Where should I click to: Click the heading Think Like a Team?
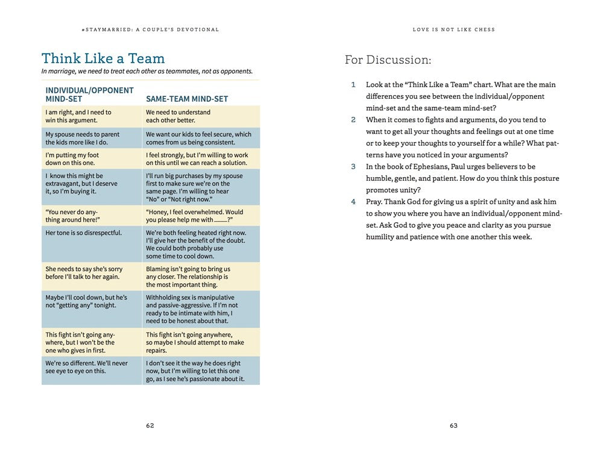click(x=103, y=58)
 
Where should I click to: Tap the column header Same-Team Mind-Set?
click(x=187, y=99)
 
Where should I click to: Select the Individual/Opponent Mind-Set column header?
click(x=89, y=95)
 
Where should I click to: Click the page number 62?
click(x=150, y=425)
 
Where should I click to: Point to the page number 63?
click(x=453, y=425)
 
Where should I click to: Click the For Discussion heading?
click(x=388, y=60)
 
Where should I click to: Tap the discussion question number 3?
click(x=353, y=167)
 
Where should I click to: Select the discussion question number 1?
click(x=353, y=85)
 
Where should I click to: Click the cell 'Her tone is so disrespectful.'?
click(x=84, y=233)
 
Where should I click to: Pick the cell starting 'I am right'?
click(x=78, y=116)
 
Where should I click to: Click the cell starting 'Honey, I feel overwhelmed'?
click(x=194, y=216)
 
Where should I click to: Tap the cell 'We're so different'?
click(x=86, y=367)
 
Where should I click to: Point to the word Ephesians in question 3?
click(x=426, y=167)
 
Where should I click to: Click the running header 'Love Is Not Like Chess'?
click(x=453, y=30)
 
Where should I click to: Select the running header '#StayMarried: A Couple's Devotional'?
click(x=150, y=30)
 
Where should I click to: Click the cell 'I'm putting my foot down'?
click(x=72, y=159)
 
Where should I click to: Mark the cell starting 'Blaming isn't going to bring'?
click(x=188, y=276)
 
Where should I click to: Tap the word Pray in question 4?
click(x=374, y=202)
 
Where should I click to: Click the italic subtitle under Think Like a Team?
click(x=147, y=71)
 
